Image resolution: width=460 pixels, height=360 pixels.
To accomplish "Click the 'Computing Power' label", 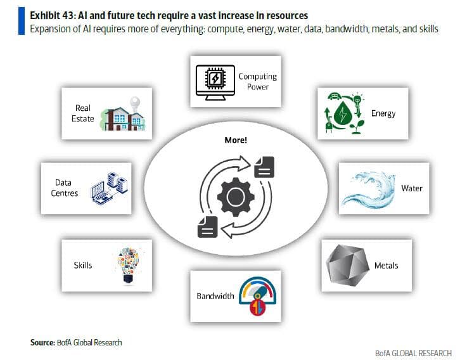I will (x=257, y=81).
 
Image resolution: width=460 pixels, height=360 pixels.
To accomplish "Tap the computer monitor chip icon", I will (x=216, y=81).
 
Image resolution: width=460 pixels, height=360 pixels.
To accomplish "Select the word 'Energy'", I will (x=383, y=113).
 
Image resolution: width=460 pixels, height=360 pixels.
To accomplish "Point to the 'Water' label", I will (x=411, y=188).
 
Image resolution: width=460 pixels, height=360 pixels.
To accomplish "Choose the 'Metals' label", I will (x=386, y=265).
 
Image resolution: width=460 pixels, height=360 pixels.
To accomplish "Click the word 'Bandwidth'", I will (x=215, y=295).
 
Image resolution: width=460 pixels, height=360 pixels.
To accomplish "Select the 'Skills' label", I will (x=83, y=265).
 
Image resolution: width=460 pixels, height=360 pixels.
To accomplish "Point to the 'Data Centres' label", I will (x=63, y=188).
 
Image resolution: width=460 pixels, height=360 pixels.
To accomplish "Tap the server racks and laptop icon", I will (x=108, y=188).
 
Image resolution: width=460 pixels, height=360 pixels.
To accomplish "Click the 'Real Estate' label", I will (x=84, y=113).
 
